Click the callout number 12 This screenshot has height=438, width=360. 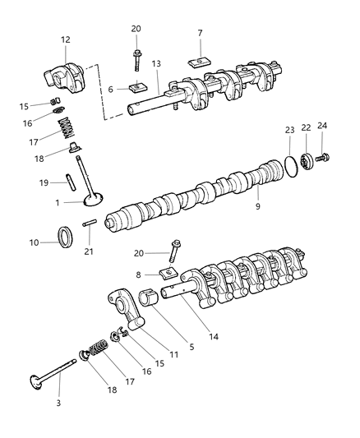[65, 39]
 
